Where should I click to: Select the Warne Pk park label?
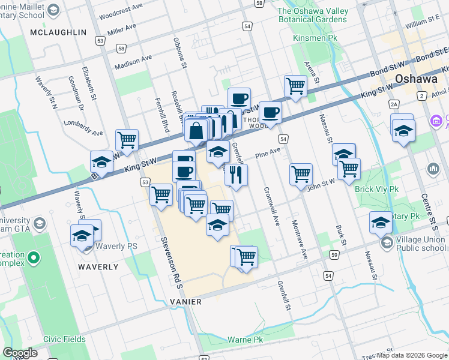pyautogui.click(x=246, y=340)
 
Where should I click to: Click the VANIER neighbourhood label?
pyautogui.click(x=185, y=301)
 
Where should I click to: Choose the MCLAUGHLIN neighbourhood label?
pyautogui.click(x=58, y=32)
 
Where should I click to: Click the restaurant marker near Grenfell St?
pyautogui.click(x=236, y=175)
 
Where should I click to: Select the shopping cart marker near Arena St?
pyautogui.click(x=295, y=86)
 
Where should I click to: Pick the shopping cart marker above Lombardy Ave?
pyautogui.click(x=127, y=140)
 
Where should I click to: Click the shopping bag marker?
pyautogui.click(x=197, y=129)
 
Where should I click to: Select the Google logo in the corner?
pyautogui.click(x=20, y=353)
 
